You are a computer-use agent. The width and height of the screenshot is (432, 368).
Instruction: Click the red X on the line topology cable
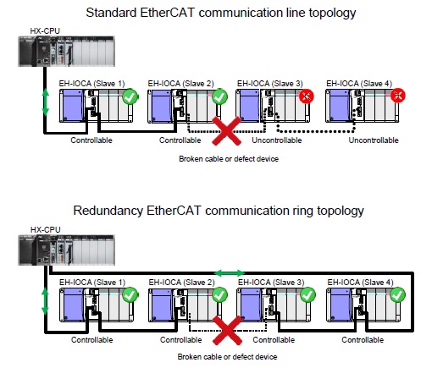226,131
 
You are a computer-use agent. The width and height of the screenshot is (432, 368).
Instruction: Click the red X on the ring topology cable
227,330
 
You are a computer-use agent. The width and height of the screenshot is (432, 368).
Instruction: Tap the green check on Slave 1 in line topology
130,96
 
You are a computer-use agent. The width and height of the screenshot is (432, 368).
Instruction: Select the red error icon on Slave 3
307,96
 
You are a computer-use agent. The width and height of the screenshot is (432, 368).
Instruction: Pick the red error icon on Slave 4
398,96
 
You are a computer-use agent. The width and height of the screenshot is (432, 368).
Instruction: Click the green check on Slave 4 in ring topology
397,295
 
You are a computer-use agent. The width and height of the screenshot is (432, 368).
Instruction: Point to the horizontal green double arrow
230,273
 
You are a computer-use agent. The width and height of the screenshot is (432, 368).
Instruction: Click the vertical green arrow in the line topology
45,102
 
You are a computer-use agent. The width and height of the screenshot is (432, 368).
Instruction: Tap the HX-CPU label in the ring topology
45,229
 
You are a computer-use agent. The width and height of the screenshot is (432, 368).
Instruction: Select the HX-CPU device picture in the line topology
66,52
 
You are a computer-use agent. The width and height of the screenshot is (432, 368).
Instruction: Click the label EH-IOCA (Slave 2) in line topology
181,84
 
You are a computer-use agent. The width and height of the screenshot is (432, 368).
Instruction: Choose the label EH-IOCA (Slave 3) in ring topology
271,283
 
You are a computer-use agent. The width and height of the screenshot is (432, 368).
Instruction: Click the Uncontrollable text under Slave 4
374,140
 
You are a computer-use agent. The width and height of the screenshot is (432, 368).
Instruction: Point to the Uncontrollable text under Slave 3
277,140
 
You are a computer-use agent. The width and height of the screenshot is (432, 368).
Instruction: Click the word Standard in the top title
111,13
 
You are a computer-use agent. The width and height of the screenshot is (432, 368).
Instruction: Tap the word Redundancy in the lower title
108,211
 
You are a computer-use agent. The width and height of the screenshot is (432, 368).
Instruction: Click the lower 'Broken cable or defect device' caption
227,357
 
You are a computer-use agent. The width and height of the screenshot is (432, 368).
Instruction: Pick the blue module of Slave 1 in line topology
73,106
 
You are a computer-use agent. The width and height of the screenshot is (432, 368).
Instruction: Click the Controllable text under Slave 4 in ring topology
363,340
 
